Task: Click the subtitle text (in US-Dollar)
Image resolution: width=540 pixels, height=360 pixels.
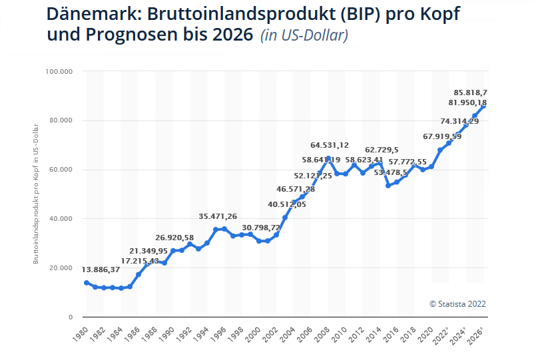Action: click(304, 35)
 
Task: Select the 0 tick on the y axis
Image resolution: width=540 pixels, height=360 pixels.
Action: click(70, 317)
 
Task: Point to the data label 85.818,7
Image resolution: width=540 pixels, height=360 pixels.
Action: click(471, 92)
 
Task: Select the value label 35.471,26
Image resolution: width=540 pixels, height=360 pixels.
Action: click(227, 216)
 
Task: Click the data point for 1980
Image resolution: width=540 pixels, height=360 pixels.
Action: click(87, 283)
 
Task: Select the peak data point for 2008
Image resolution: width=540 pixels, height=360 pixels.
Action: click(328, 158)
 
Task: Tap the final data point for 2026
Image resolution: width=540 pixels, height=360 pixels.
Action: click(484, 106)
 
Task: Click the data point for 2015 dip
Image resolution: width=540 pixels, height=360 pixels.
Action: click(389, 186)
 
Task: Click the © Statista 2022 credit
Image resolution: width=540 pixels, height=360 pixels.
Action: click(457, 303)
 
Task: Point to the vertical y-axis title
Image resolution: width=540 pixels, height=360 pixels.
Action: click(36, 193)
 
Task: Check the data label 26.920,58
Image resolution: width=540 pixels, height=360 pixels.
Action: click(184, 238)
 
